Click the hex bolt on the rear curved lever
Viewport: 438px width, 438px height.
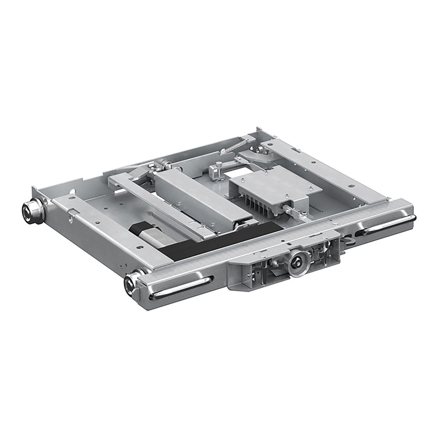click(x=260, y=150)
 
